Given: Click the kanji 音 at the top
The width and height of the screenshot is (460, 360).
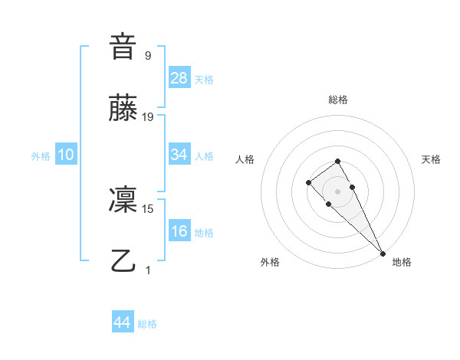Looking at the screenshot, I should point(123,47).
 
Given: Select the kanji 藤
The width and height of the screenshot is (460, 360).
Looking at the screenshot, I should point(123,109).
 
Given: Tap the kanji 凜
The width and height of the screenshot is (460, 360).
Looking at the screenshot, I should point(123,201).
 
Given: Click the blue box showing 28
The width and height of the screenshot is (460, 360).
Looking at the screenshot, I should point(179,77).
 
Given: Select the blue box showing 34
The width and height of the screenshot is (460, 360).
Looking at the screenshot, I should point(179,155).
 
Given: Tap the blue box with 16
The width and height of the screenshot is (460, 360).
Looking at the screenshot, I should point(179,231).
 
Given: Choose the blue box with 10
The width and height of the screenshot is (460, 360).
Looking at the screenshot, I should point(66,155).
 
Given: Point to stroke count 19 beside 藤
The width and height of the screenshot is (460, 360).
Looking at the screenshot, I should point(148,116).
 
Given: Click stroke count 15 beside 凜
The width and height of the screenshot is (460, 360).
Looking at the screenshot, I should point(148,208).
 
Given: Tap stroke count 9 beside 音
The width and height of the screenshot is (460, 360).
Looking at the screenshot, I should point(148,55).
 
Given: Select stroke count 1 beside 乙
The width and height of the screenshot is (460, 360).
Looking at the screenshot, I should point(148,270).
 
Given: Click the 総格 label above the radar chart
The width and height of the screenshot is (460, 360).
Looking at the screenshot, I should point(337,100).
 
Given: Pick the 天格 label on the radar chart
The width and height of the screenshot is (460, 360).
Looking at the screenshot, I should point(431,159).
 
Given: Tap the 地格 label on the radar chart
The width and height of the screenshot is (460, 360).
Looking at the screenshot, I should point(402,262).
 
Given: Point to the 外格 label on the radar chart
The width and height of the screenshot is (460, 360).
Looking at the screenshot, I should point(271,262).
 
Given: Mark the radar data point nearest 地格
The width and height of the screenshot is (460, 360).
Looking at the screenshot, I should point(383,253).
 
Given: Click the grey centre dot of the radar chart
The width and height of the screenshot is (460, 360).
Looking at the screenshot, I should point(337,191).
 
